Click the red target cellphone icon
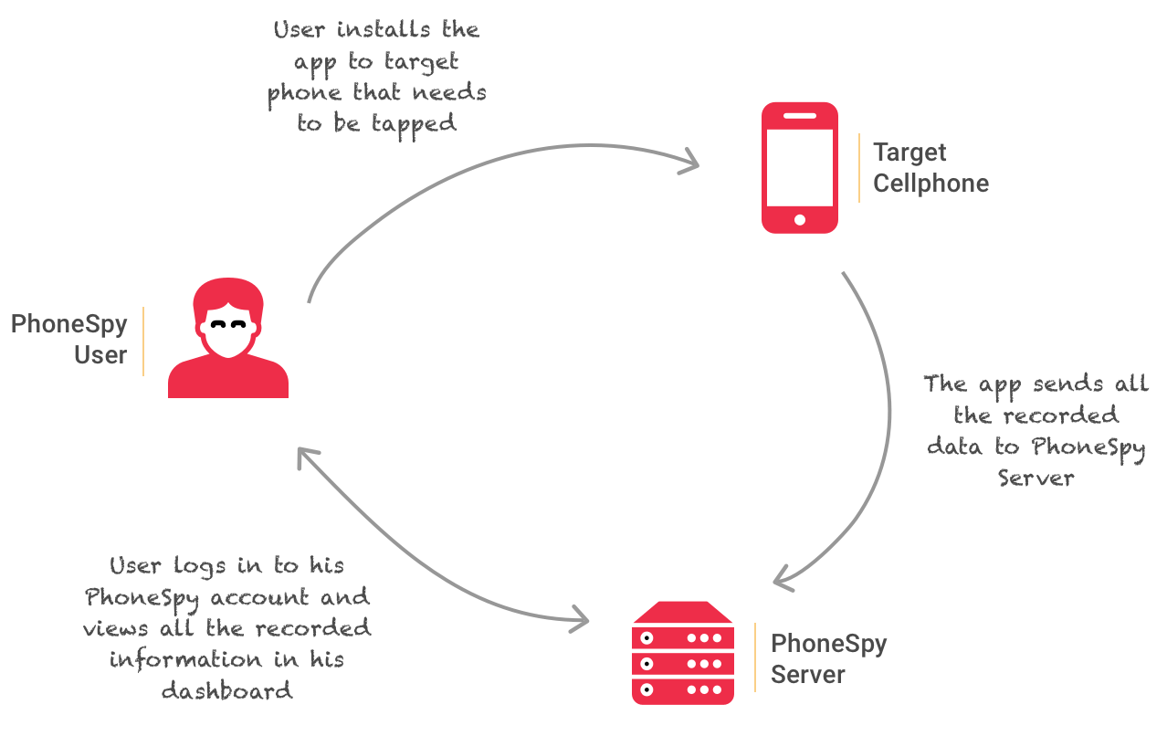(x=800, y=167)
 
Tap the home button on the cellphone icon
(x=800, y=219)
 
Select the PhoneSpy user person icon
(x=228, y=339)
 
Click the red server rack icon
(x=683, y=652)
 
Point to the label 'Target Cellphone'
(x=930, y=168)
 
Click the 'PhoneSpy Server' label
(x=828, y=659)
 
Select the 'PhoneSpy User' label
(x=69, y=339)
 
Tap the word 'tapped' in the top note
(x=414, y=124)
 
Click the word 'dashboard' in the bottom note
(x=227, y=690)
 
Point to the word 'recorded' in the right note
(x=1061, y=415)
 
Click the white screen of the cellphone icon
(x=800, y=167)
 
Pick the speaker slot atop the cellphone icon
(x=800, y=116)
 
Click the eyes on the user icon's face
(x=228, y=324)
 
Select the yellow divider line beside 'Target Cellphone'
(x=859, y=168)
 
